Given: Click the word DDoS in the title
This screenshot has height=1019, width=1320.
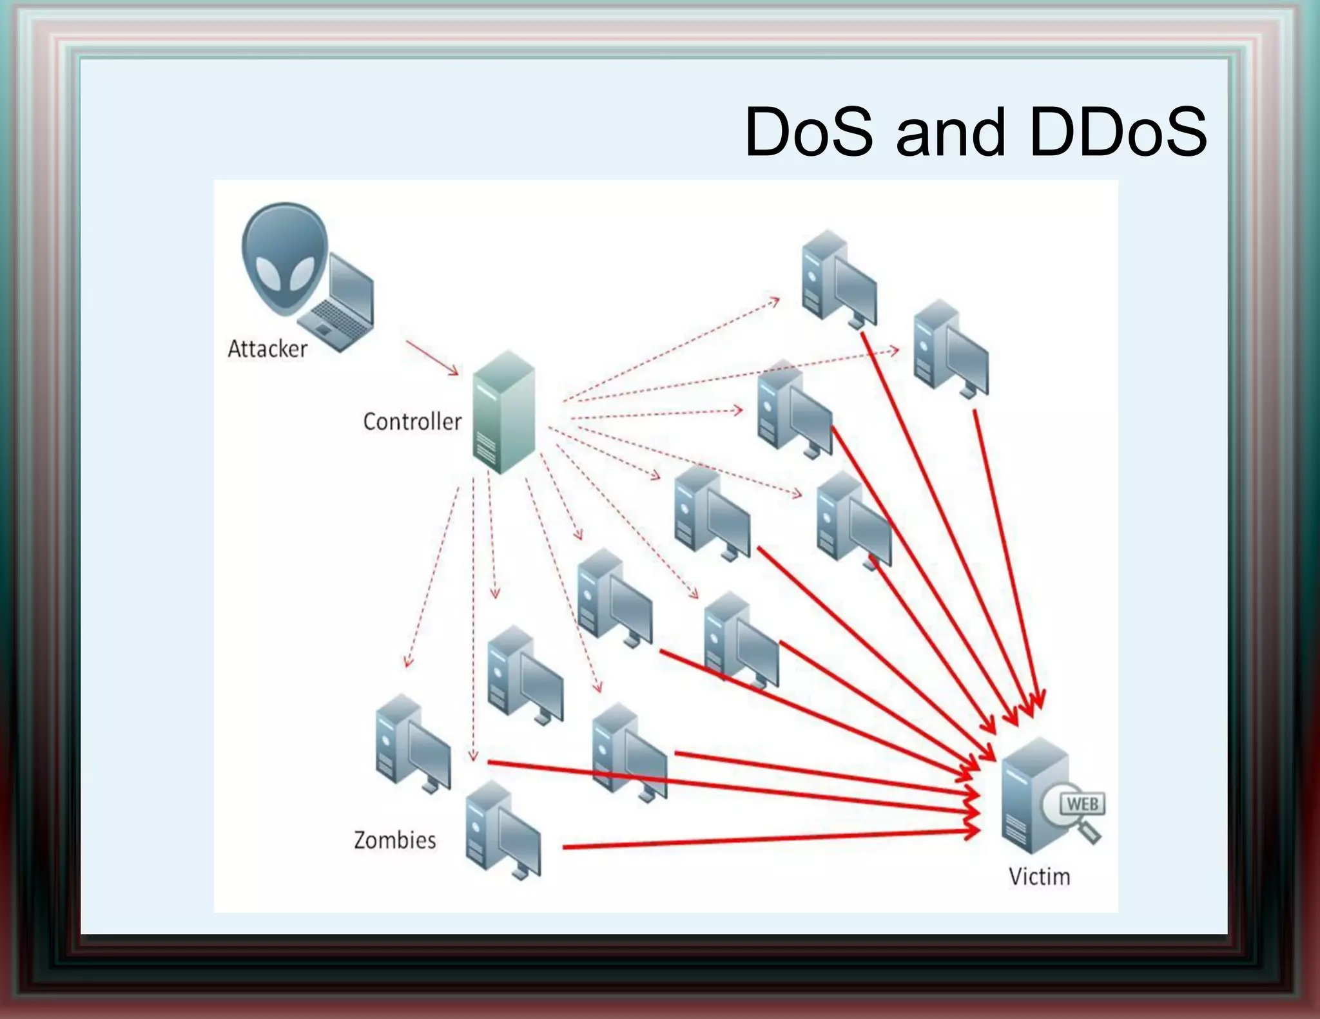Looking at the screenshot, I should pos(1118,133).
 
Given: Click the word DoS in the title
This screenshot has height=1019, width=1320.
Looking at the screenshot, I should pos(809,133).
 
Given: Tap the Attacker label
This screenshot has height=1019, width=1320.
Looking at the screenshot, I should pos(267,349).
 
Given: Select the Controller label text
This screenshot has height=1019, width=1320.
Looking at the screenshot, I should pos(412,422).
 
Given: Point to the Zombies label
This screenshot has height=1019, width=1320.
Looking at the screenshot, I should pos(394,841).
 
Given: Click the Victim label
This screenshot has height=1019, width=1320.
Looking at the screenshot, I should pos(1039,877).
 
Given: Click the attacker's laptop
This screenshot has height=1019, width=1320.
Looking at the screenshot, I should pos(342,303).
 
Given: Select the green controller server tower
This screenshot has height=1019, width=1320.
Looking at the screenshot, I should pos(504,412).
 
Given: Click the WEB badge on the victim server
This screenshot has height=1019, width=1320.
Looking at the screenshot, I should pos(1082,804).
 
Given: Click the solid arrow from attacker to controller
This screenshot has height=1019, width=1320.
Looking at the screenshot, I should pos(432,357).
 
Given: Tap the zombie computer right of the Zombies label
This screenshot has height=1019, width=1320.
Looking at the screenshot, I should pos(503,831).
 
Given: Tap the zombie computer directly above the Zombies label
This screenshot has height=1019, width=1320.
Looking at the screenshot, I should pos(412,744).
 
